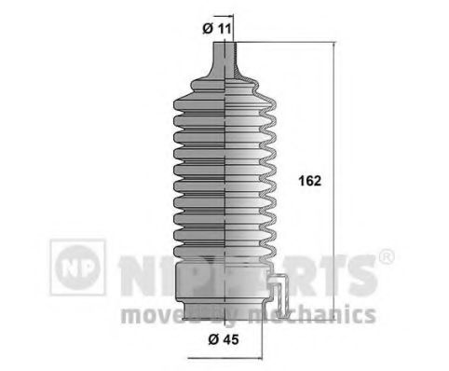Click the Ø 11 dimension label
click(217, 27)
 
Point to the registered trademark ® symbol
click(386, 255)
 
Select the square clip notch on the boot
click(279, 288)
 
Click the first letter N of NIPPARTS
click(133, 271)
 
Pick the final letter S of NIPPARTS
click(359, 271)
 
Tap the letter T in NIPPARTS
click(325, 271)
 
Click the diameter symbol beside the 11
click(208, 27)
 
